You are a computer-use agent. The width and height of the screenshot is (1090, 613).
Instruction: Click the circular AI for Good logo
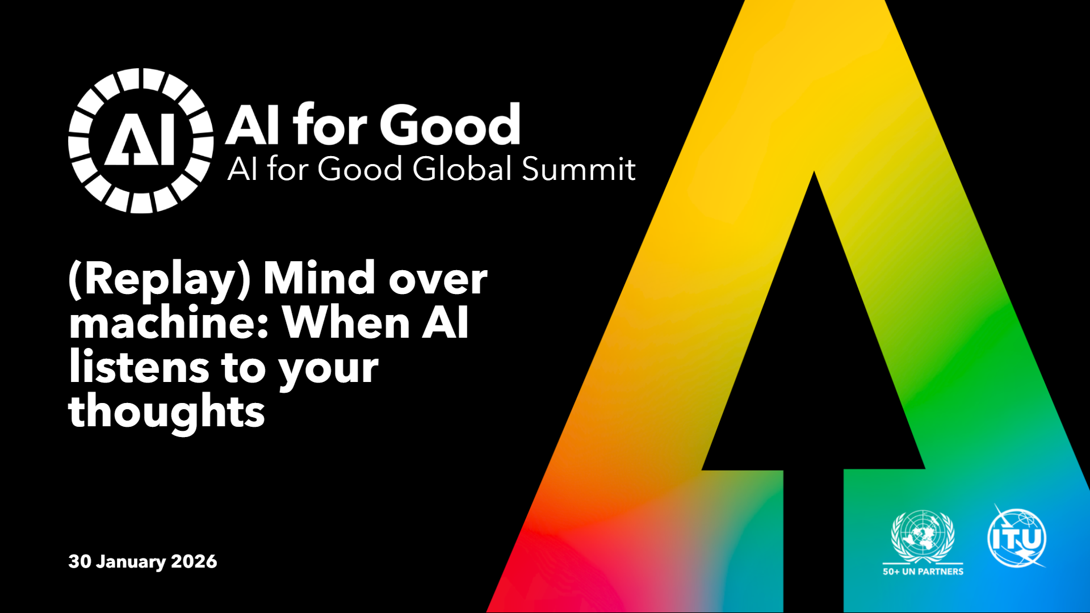141,141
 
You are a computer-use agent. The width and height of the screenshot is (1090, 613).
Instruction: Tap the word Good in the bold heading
450,124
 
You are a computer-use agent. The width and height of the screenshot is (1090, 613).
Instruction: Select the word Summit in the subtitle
578,169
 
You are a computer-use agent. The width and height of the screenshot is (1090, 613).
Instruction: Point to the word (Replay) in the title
160,279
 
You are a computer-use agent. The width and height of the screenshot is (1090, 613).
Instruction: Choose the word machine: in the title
169,322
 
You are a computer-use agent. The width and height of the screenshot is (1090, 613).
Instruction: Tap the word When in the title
346,322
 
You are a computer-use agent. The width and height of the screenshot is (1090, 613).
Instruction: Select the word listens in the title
139,367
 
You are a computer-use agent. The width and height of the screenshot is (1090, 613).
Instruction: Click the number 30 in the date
79,561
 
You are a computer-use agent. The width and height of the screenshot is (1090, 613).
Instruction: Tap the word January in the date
131,562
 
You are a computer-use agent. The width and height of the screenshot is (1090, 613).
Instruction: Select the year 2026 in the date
194,561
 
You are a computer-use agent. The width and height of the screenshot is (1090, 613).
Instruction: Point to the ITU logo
1017,536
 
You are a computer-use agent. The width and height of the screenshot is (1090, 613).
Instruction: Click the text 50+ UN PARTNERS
923,572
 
